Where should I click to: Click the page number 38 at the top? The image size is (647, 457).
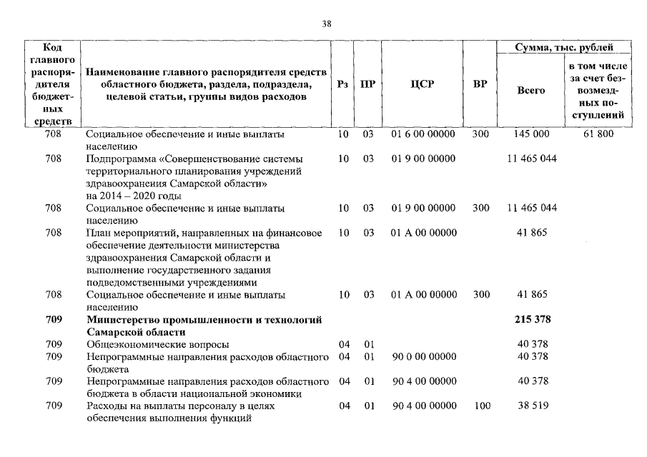326,24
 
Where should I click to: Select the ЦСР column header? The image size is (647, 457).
422,84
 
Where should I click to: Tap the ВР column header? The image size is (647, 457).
480,84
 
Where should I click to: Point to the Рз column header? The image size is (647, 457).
342,84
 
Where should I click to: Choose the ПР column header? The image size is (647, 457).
367,84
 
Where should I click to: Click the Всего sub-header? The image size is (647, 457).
530,91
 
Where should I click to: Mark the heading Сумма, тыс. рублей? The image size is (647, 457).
564,48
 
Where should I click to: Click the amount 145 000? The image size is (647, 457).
531,134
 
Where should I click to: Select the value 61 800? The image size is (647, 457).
598,134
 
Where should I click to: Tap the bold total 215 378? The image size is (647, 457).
532,319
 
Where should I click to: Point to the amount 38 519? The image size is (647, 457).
532,406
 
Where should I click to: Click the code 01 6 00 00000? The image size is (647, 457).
423,134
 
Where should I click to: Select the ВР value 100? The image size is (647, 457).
480,406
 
